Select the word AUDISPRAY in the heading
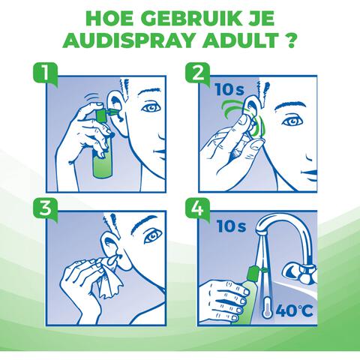coord(142,40)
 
